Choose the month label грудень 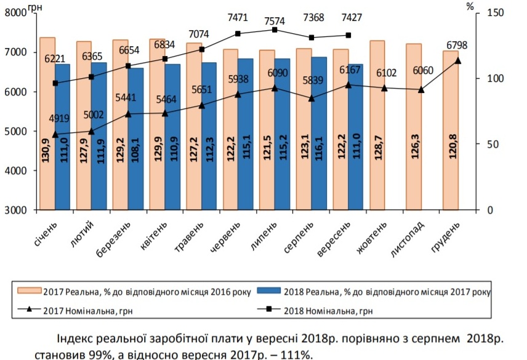[x=445, y=236]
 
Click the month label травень [x=197, y=236]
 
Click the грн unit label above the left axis [x=36, y=7]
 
